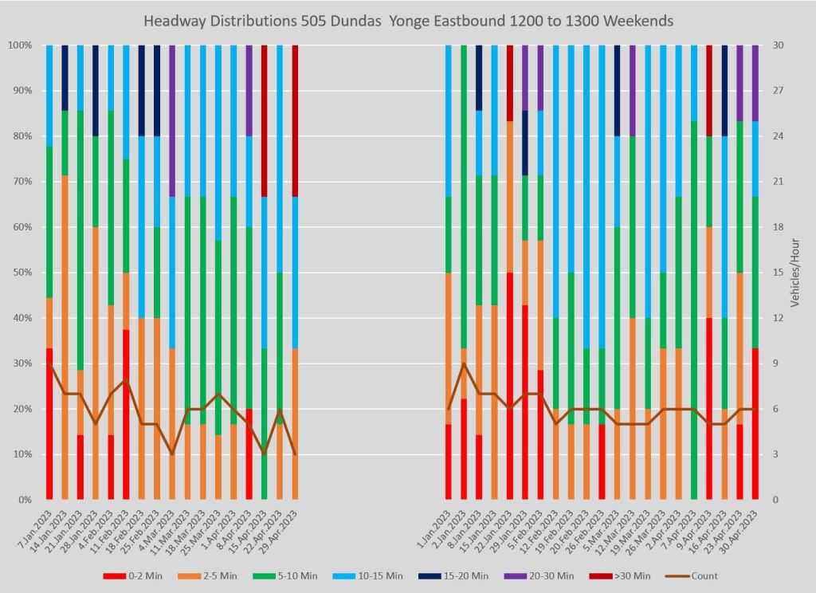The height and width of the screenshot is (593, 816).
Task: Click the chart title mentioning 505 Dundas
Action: (x=407, y=19)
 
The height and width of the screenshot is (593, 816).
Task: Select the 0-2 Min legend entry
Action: (x=139, y=575)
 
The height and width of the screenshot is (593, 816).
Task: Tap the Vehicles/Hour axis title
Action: (x=802, y=273)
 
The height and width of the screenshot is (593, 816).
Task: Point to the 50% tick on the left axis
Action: (x=22, y=273)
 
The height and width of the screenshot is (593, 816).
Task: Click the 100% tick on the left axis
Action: (x=19, y=45)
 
